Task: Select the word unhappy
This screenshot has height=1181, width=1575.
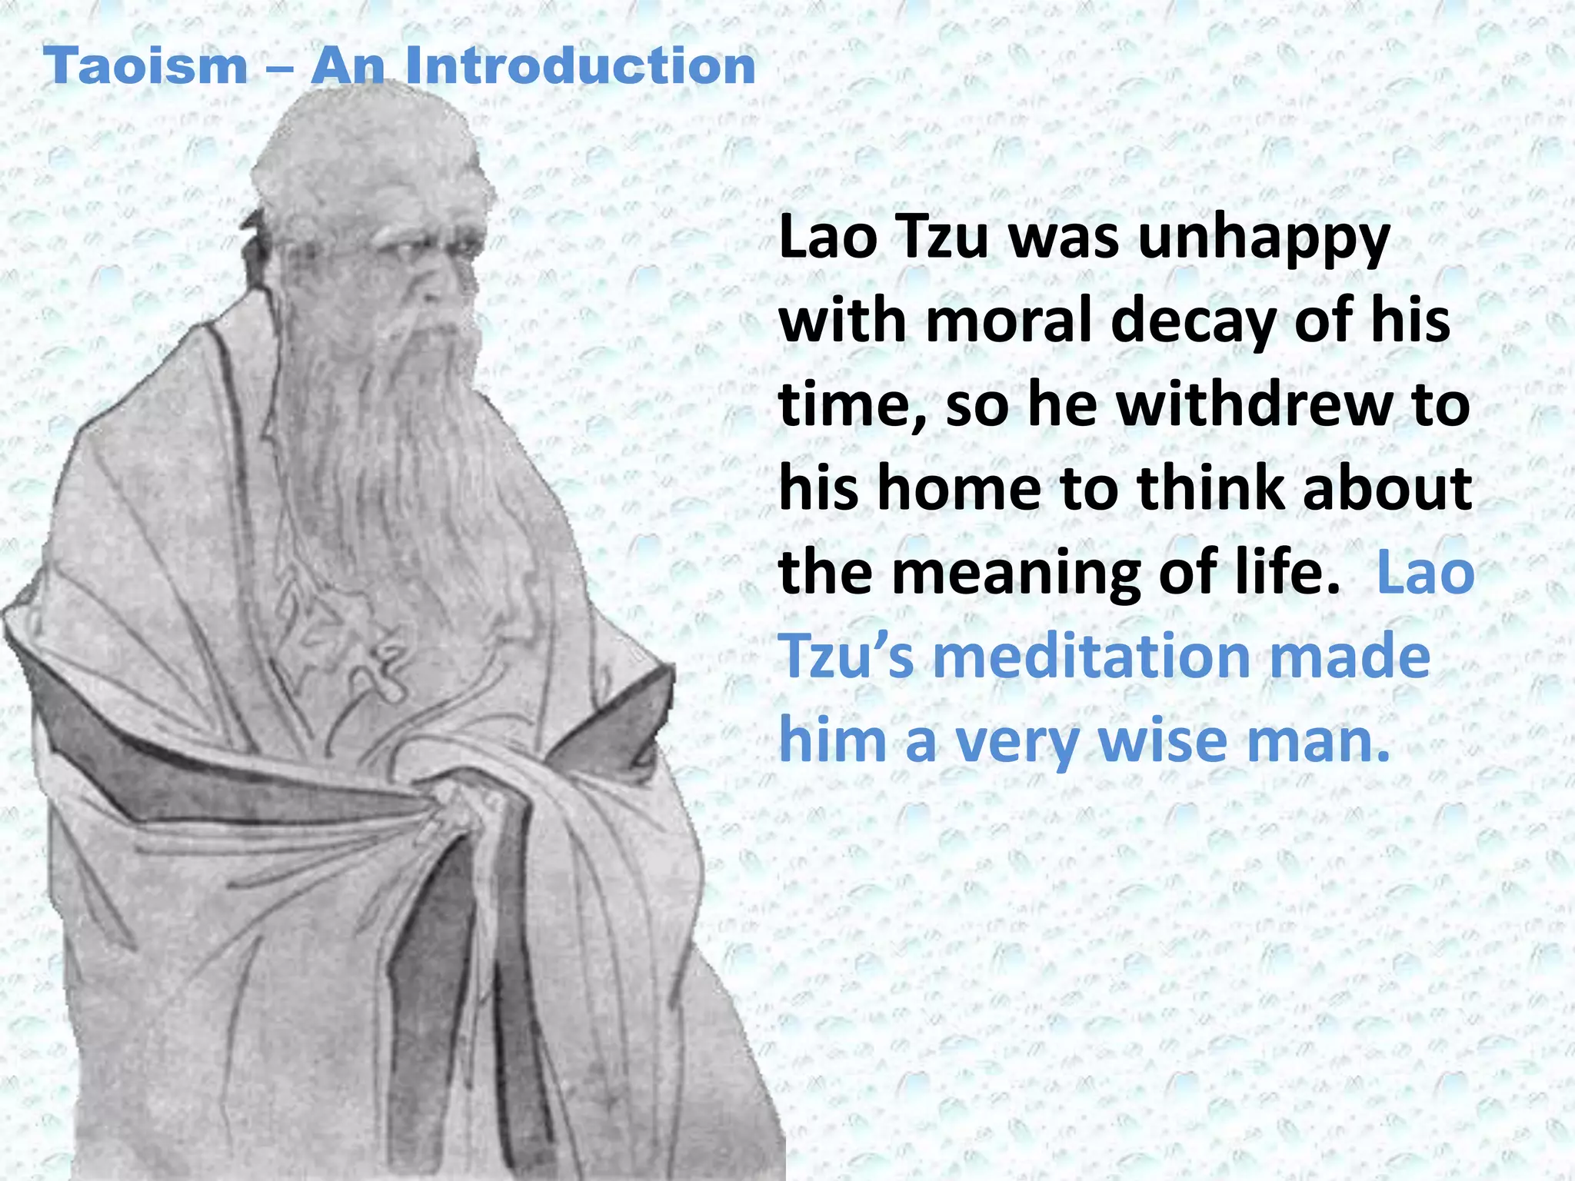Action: (1263, 240)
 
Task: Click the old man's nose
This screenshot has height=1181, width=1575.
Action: (441, 288)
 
